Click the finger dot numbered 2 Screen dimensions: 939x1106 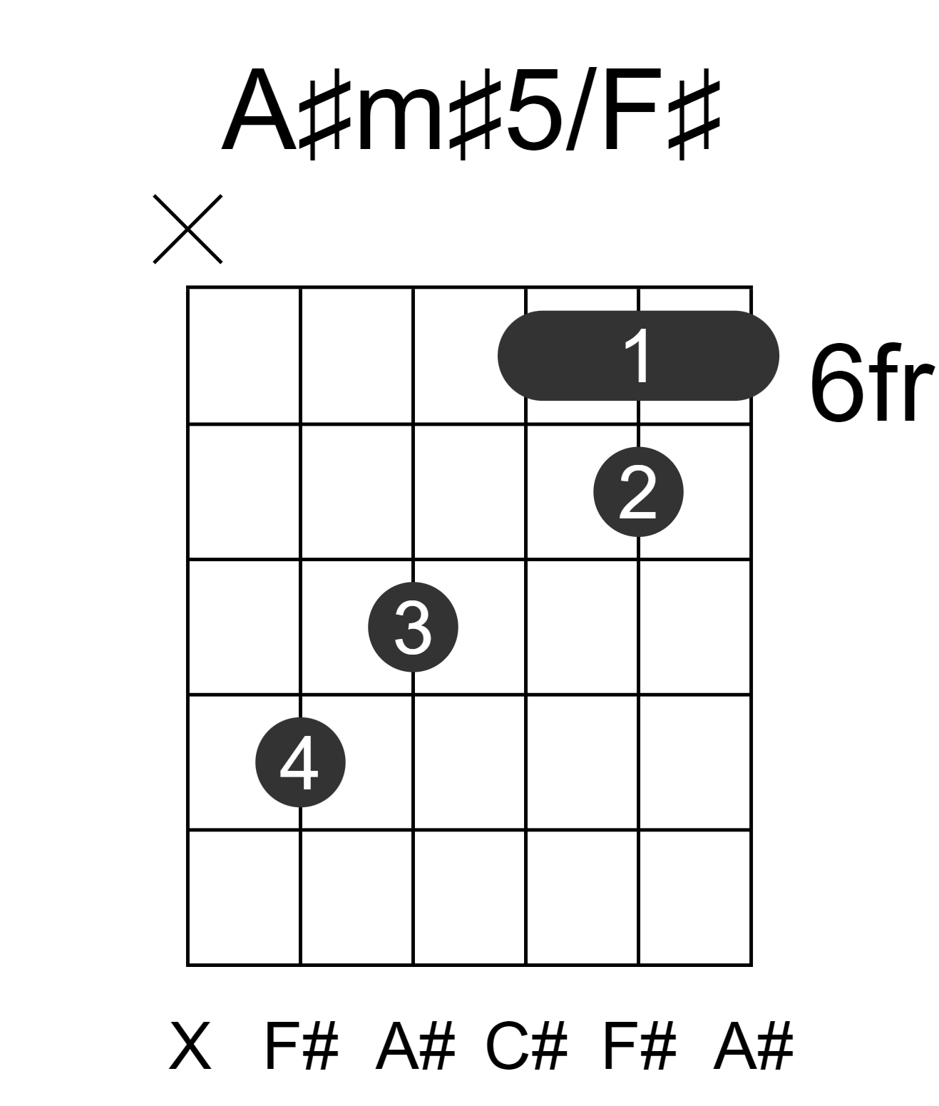point(638,492)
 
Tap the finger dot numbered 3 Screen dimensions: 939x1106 point(413,627)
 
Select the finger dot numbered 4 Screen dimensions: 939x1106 point(300,762)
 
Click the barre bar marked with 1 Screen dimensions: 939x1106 point(638,356)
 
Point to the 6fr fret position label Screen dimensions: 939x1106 point(872,383)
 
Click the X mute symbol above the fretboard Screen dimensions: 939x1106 point(188,229)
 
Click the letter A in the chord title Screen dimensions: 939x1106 point(260,110)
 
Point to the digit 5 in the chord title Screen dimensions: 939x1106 point(535,111)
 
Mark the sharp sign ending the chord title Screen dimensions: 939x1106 point(694,113)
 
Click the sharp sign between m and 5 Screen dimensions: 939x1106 point(476,113)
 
